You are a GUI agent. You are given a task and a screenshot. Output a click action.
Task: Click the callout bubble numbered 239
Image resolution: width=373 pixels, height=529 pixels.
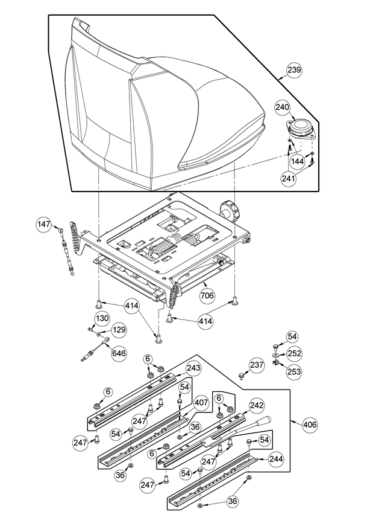click(295, 70)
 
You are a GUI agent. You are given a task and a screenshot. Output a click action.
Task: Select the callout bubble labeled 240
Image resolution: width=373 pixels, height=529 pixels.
click(282, 107)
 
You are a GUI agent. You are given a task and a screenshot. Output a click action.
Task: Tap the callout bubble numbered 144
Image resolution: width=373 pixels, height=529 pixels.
click(297, 161)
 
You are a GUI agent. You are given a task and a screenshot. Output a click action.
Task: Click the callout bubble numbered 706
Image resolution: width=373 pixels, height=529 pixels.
click(207, 295)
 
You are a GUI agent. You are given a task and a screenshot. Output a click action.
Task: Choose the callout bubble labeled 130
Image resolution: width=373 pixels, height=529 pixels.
click(102, 318)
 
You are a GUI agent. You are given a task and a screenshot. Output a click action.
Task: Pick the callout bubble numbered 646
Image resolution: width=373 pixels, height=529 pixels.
click(119, 353)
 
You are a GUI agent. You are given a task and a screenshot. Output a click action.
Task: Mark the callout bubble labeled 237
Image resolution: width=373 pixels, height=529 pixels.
click(257, 365)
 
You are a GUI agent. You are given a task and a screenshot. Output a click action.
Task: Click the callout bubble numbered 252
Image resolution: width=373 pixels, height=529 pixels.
click(294, 353)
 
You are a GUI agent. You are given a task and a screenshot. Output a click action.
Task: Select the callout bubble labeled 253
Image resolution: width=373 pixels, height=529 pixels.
click(294, 371)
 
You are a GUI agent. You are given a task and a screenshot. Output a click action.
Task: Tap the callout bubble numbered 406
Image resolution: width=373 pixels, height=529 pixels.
click(309, 424)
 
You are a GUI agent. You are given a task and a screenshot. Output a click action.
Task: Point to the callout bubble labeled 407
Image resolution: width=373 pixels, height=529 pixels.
click(201, 402)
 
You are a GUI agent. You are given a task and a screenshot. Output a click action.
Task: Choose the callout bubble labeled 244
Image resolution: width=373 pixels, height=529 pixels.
click(276, 459)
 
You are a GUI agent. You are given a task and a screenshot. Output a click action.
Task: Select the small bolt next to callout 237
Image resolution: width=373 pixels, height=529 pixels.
click(240, 375)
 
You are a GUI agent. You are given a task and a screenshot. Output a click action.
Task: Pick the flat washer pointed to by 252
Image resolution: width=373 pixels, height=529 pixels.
click(276, 355)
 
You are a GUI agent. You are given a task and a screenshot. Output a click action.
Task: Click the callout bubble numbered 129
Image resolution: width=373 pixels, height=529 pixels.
click(119, 330)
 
